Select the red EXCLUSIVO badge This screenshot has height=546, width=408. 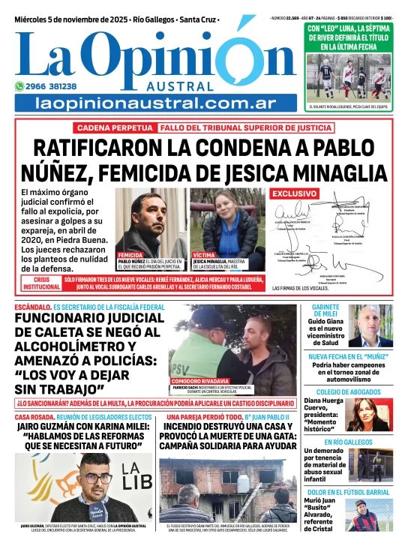[293, 193]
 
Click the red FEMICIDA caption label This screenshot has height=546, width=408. [131, 255]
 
